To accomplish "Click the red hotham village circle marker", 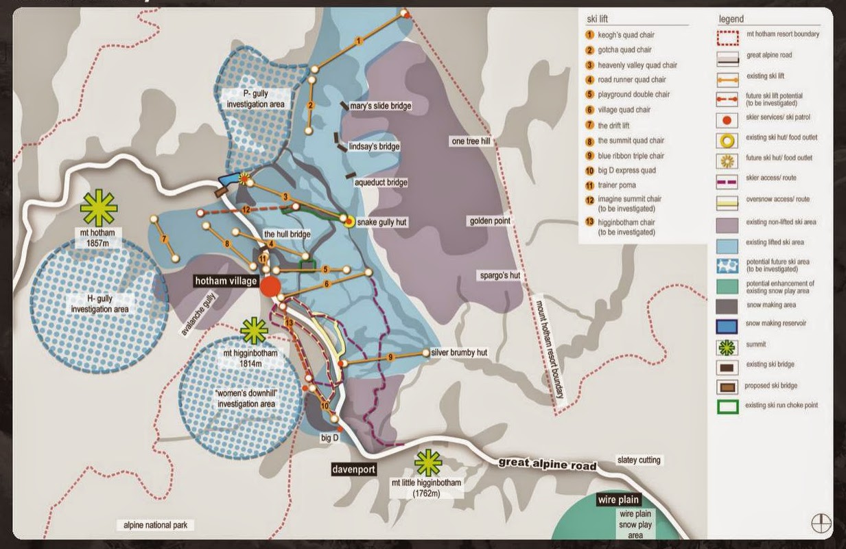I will tap(271, 287).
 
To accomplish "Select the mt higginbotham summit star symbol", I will tap(255, 331).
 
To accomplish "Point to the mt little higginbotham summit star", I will tap(428, 463).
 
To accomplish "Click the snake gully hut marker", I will tap(349, 222).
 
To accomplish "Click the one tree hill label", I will tap(470, 141).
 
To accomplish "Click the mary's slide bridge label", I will tap(380, 106).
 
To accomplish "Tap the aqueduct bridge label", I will tap(381, 183).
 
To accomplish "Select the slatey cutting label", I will tap(639, 460).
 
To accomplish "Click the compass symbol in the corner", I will tap(821, 522).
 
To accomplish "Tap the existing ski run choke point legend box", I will tap(727, 406).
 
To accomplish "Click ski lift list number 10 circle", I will tap(589, 170).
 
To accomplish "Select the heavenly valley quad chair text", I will tap(637, 65).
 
